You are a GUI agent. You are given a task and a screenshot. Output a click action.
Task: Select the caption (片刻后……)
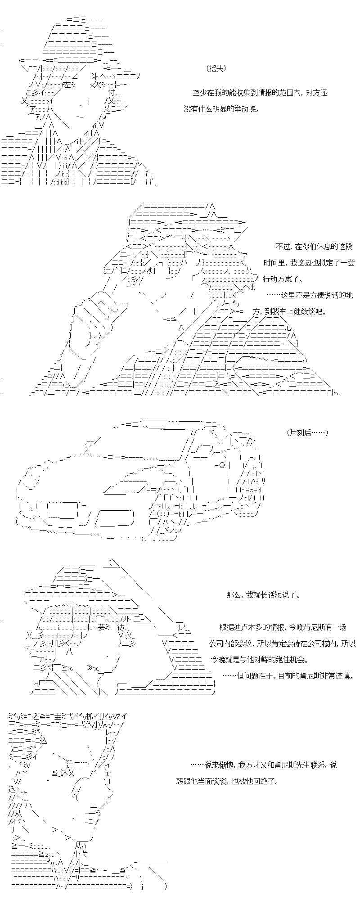307,432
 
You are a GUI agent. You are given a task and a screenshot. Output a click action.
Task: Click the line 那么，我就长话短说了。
263,595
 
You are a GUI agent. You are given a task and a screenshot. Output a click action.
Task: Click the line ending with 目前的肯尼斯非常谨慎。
288,676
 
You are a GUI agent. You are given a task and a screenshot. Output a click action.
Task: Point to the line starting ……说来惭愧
263,765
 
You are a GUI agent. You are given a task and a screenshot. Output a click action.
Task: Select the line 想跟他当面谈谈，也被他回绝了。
227,781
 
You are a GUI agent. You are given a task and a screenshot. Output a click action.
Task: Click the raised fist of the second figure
94,315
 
